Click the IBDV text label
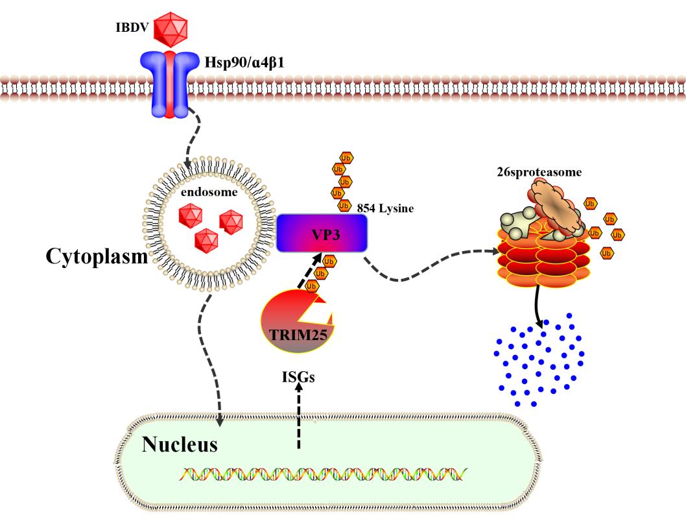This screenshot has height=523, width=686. coord(128,30)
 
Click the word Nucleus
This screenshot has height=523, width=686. coord(180,445)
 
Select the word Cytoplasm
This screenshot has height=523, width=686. coord(96,256)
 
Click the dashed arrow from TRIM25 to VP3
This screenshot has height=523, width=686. coord(304,276)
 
